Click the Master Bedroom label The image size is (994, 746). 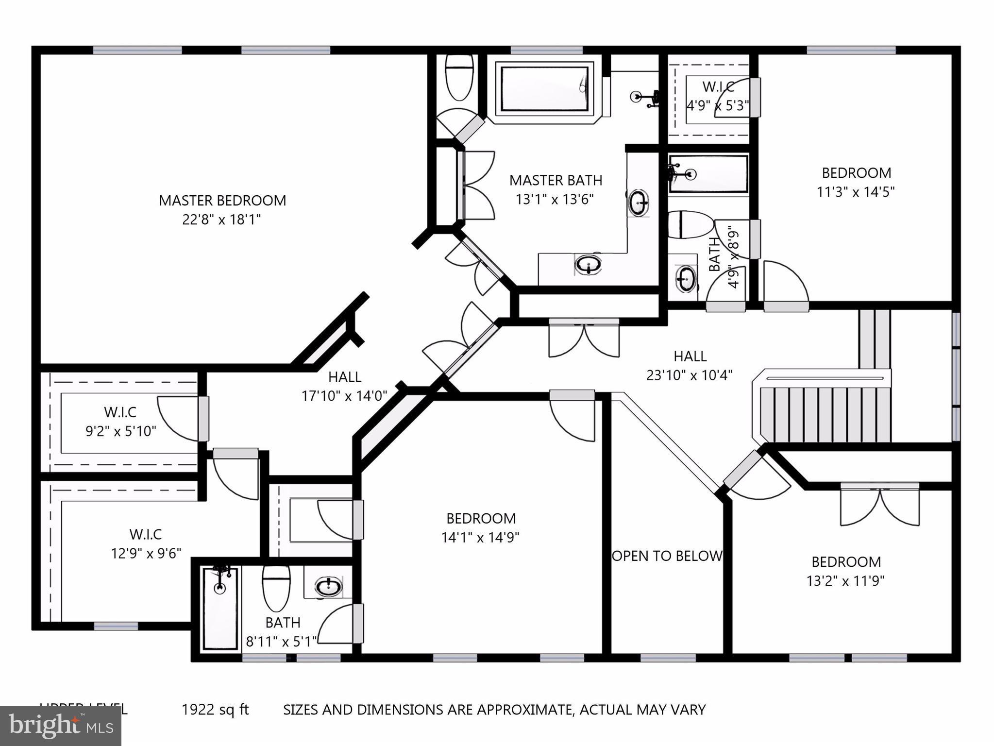[222, 200]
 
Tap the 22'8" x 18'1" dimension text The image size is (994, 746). [221, 220]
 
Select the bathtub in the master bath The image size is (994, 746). [544, 89]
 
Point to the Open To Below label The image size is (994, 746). [667, 556]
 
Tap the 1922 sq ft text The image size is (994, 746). [215, 710]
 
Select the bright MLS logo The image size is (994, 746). [60, 726]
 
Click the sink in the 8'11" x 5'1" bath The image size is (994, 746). [328, 587]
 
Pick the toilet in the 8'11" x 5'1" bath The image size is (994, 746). [276, 587]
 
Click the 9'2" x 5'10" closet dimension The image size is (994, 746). [121, 431]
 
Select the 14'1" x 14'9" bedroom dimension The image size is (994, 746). [480, 538]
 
